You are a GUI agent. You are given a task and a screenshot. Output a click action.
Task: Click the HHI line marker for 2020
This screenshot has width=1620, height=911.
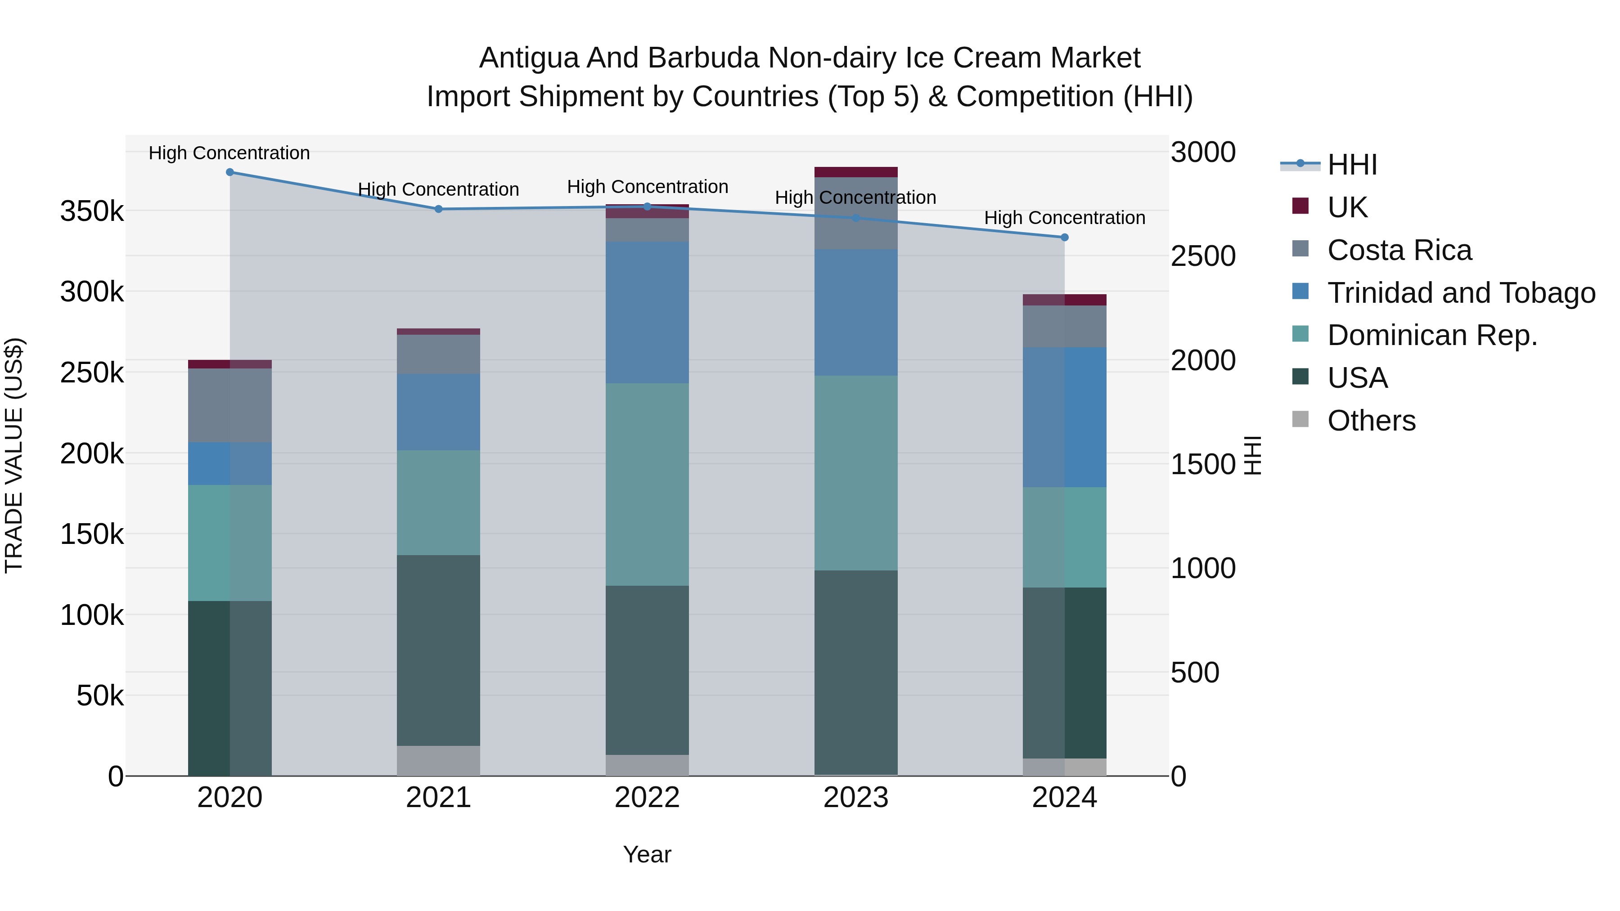229,172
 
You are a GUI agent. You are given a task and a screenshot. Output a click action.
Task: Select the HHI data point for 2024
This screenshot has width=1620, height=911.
1064,238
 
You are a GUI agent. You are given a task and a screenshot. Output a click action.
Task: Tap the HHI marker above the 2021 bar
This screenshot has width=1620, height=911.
438,209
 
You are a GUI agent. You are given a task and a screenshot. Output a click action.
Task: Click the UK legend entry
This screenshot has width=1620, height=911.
1347,207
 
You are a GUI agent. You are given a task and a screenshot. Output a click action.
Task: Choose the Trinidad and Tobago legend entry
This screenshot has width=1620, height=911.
1461,293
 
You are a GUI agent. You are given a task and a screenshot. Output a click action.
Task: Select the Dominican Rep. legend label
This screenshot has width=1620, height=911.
1432,336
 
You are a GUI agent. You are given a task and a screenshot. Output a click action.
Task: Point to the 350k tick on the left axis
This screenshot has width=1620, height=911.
92,212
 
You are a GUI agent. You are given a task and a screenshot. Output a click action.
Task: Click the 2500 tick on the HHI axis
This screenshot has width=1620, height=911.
1202,256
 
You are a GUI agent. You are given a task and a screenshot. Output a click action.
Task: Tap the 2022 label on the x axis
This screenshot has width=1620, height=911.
647,798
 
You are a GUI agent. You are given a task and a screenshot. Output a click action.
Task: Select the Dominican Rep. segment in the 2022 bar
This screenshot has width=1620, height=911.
647,484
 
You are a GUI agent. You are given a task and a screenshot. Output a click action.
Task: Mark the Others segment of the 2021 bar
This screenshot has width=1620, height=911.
438,761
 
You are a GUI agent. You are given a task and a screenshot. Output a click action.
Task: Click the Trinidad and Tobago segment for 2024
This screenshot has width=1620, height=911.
1064,417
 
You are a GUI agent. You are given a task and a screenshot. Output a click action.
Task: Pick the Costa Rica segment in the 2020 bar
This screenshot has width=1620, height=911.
229,405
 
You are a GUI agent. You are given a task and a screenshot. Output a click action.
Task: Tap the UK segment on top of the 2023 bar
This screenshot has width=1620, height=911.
855,172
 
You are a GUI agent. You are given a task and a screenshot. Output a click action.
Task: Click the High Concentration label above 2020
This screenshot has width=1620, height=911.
229,153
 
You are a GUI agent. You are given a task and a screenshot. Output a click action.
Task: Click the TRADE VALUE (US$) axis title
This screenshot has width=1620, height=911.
14,455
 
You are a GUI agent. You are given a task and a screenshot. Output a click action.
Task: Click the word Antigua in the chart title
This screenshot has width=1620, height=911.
528,58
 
